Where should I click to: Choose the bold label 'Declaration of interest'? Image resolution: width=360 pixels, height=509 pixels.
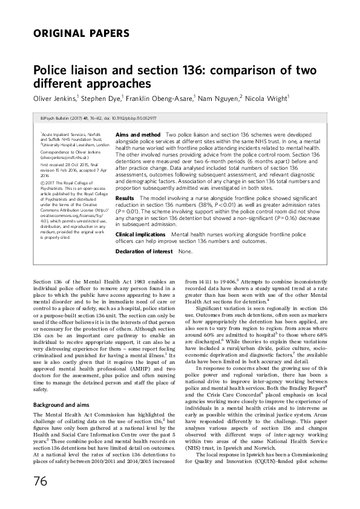pos(144,250)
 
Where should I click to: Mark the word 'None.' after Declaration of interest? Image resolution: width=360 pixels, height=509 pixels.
pos(185,250)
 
